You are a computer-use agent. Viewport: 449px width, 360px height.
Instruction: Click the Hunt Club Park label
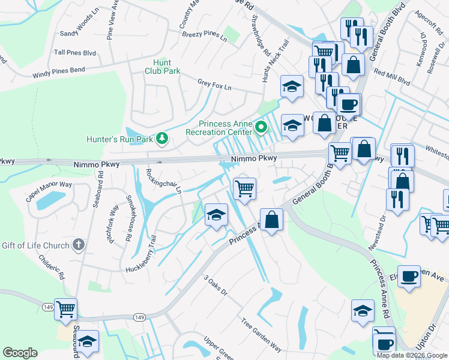click(162, 67)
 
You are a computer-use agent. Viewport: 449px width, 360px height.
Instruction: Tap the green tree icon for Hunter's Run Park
click(161, 139)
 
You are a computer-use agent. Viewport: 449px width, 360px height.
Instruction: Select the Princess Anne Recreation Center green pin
click(261, 127)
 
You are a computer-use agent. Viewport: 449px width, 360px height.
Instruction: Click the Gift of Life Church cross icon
click(77, 244)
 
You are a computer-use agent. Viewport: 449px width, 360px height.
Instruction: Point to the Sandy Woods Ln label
click(79, 25)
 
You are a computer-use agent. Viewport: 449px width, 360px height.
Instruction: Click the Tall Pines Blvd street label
click(75, 53)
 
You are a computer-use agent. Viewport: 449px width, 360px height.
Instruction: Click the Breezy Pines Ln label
click(204, 37)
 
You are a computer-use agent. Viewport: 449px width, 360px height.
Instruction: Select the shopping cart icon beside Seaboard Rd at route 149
click(65, 310)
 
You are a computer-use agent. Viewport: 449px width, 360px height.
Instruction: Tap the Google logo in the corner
click(20, 353)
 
